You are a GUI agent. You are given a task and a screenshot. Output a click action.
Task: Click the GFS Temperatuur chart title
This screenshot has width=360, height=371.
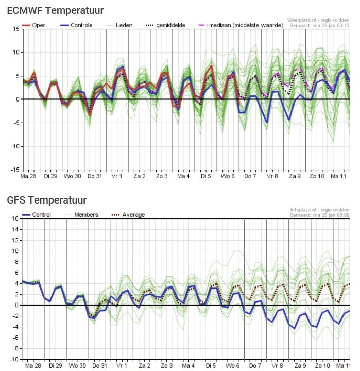point(47,199)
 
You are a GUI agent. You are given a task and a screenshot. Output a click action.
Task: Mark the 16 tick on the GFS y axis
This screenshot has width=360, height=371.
point(15,218)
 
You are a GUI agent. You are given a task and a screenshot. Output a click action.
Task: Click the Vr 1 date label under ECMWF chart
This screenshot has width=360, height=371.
point(117,176)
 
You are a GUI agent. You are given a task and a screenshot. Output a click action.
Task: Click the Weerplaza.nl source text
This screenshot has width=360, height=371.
point(303,20)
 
